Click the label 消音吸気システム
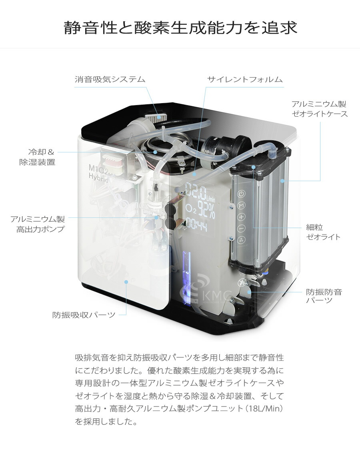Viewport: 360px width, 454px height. [110, 79]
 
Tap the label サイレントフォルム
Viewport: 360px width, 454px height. [245, 79]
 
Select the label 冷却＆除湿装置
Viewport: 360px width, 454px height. [38, 157]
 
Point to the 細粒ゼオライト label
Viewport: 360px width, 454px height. [323, 232]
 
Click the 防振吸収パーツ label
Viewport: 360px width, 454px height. [84, 315]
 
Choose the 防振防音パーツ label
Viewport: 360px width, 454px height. [324, 296]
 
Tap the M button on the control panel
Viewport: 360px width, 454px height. [241, 205]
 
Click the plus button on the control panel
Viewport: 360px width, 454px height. [241, 217]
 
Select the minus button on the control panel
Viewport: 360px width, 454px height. [241, 229]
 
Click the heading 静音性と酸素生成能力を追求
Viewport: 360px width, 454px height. [180, 28]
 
